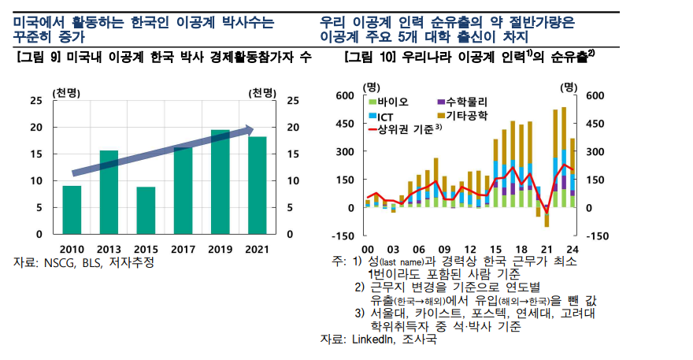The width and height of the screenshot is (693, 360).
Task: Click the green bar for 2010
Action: point(72,210)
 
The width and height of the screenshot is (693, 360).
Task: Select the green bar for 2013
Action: point(109,192)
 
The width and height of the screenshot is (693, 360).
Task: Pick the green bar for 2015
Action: point(146,210)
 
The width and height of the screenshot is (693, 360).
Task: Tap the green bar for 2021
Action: point(258,185)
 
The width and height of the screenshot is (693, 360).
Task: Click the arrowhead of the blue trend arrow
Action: point(250,130)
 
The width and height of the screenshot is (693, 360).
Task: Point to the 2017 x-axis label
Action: point(183,250)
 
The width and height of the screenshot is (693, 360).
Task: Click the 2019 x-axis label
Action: point(220,250)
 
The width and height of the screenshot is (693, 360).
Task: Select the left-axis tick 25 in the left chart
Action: point(36,100)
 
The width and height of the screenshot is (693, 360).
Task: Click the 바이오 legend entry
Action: point(388,102)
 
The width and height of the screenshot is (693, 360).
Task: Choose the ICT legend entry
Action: point(381,117)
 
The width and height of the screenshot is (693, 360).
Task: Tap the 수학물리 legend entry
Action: point(462,102)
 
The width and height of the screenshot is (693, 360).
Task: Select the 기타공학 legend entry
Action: point(462,116)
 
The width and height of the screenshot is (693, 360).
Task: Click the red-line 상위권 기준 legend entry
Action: point(406,129)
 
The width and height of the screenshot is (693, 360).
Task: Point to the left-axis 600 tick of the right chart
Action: point(345,95)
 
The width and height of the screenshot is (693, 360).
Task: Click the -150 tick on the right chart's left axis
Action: point(343,236)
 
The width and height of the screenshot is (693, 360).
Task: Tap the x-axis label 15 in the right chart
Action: point(496,250)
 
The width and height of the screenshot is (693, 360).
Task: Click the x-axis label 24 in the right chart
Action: point(573,250)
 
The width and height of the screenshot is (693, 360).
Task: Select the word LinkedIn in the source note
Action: point(373,340)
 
